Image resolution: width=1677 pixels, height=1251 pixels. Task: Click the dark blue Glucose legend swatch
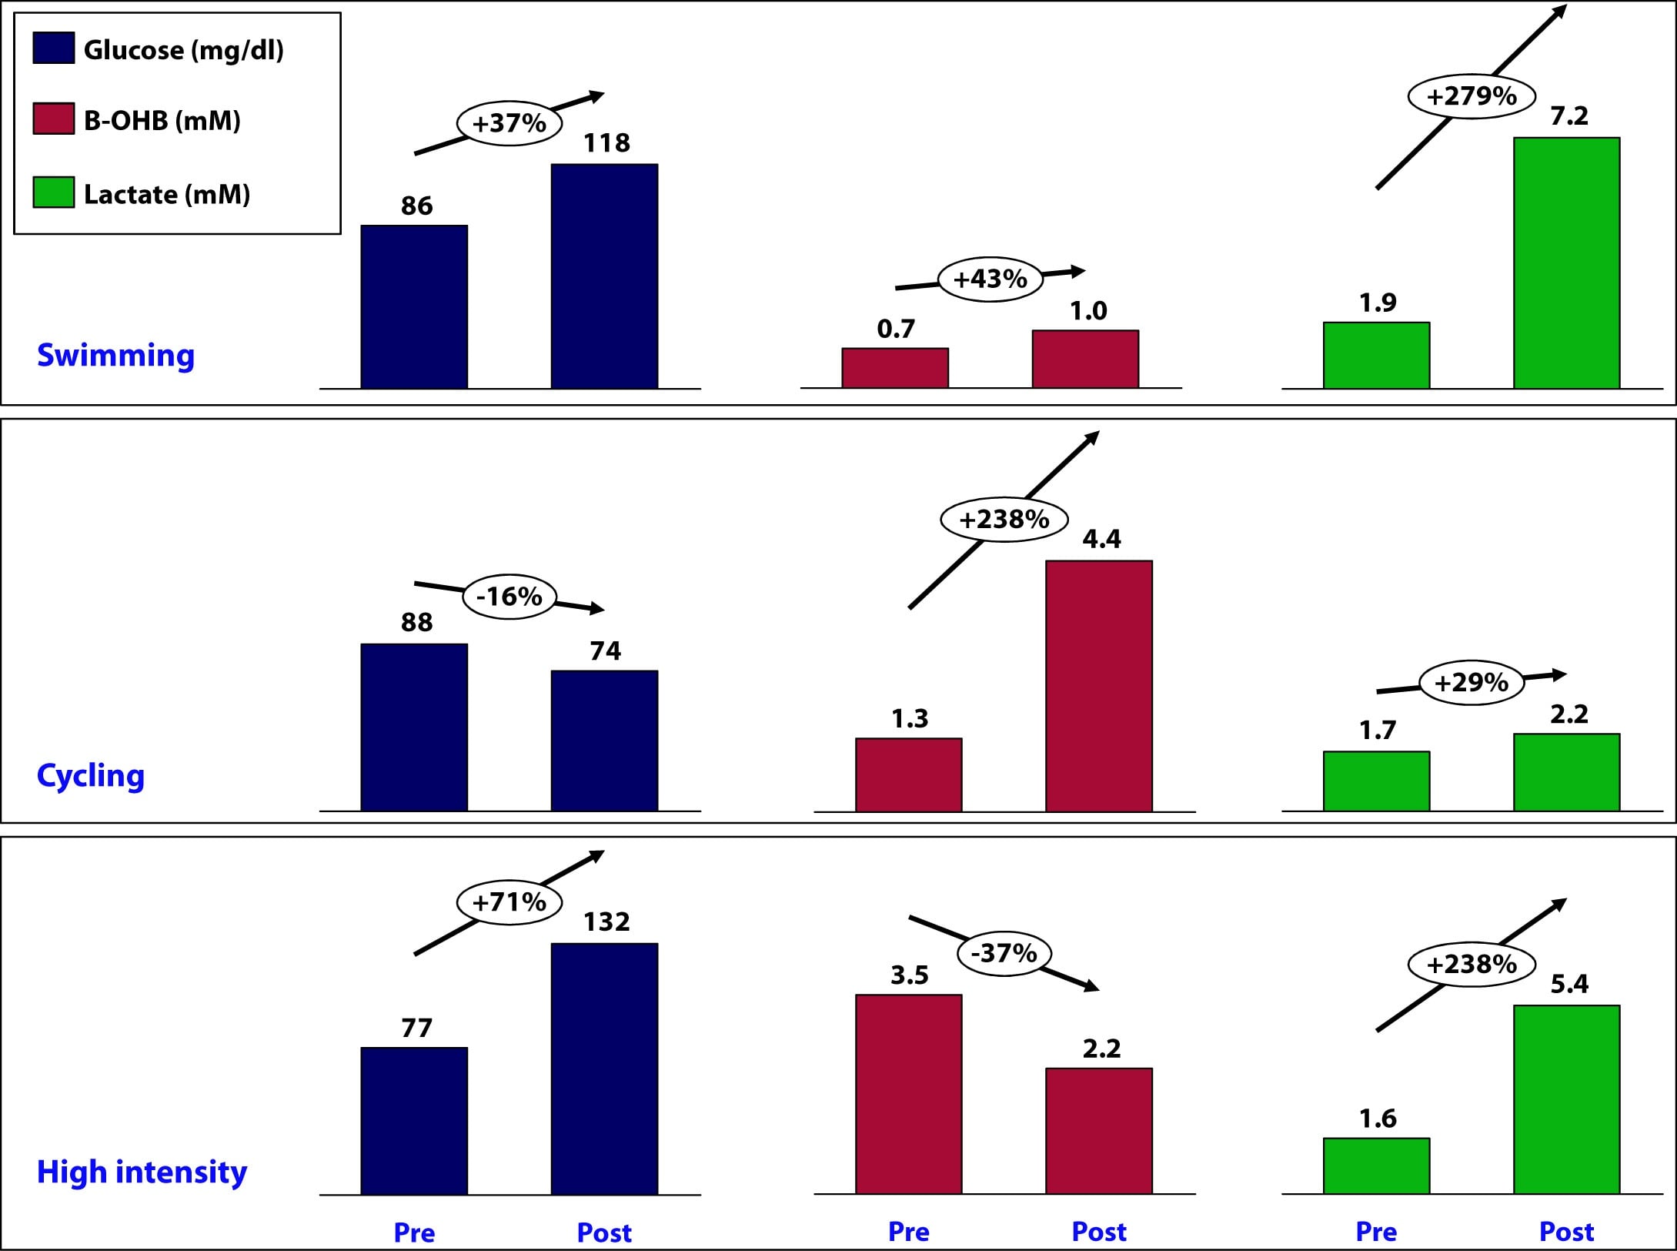tap(54, 48)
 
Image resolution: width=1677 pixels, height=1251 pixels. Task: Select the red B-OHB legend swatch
tap(54, 119)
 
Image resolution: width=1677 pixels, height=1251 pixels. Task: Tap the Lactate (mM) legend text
tap(167, 194)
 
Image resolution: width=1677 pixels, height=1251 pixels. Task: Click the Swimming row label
tap(115, 355)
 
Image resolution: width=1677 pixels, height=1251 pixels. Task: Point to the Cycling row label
tap(91, 775)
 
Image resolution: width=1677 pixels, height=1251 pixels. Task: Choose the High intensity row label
tap(142, 1172)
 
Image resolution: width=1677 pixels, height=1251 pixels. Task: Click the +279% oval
tap(1472, 96)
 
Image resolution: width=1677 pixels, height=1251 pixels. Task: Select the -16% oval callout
tap(509, 597)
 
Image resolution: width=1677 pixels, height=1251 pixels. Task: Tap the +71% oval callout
tap(509, 901)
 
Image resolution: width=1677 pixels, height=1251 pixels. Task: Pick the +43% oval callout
tap(990, 279)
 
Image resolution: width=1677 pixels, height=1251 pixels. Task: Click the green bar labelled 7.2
tap(1566, 263)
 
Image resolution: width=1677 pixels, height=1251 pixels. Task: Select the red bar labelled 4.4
tap(1098, 685)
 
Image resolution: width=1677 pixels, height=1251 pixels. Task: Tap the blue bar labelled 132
tap(604, 1069)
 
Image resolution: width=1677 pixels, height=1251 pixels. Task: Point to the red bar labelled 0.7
tap(894, 368)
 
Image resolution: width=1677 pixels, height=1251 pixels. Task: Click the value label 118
tap(606, 142)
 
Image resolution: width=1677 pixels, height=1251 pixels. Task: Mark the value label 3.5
tap(909, 975)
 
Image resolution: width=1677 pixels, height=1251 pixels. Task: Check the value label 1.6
tap(1377, 1118)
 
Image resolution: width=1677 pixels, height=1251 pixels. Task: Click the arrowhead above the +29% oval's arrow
tap(1560, 675)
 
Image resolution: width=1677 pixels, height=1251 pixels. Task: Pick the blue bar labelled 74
tap(604, 740)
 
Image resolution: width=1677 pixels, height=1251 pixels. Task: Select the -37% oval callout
tap(1004, 954)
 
